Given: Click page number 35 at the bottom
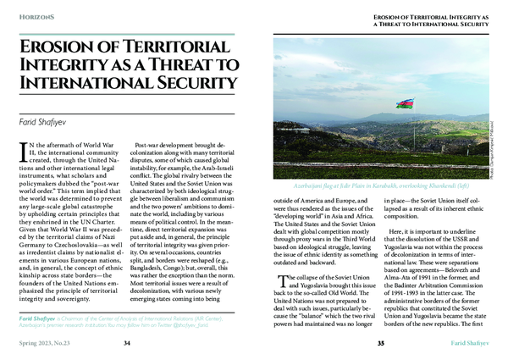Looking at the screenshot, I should (380, 342).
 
